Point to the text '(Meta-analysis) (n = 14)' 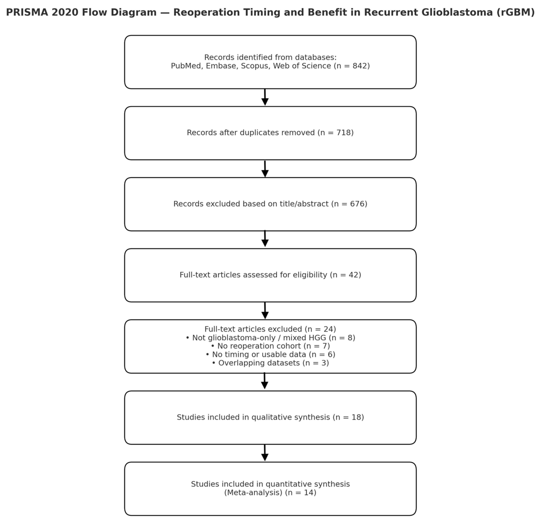270,493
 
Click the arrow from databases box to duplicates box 265,97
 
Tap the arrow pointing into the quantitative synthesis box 265,453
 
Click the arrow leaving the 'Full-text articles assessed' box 265,311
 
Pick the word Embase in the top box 222,66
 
